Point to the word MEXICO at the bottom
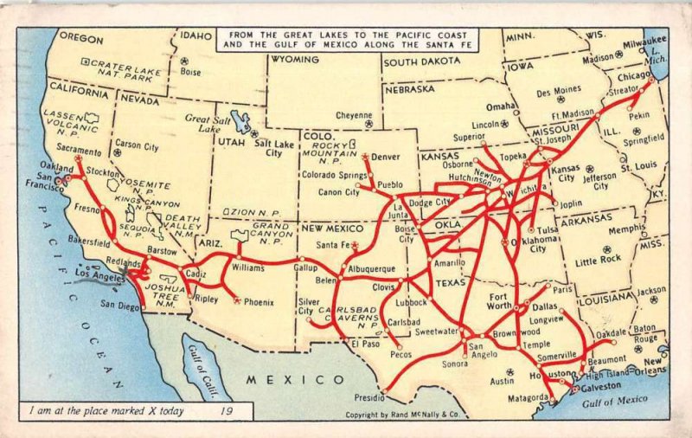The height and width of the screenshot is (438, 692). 294,379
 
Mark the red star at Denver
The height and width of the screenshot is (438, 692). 366,157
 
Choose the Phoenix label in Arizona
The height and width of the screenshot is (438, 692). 259,302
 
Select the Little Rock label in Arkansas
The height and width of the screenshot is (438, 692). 599,260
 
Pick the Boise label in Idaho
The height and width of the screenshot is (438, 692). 190,72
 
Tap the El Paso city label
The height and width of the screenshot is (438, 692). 366,345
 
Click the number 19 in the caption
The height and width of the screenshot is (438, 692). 227,411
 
